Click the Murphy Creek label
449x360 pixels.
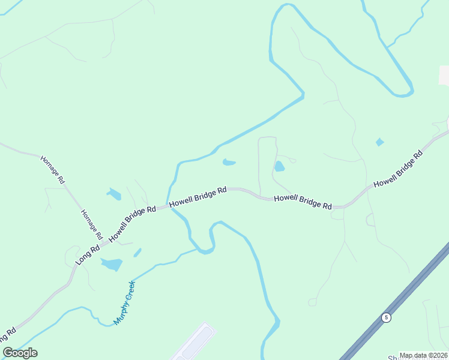pos(124,302)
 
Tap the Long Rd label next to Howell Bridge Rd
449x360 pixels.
pos(88,254)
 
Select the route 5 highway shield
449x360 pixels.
pos(386,317)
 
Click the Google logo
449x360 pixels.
pos(20,353)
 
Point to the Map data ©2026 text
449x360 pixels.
pos(423,355)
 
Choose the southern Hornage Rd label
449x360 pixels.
pos(92,223)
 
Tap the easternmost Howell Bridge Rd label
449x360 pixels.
pos(398,169)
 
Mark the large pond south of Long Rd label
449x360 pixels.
pos(111,264)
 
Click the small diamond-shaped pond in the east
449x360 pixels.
pos(379,142)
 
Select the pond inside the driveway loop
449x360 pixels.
pos(279,166)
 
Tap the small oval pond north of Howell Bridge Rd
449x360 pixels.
pos(229,162)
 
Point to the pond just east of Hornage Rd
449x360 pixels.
pos(113,194)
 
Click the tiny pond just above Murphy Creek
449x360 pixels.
pos(137,253)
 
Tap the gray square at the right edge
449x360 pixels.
pos(444,76)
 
